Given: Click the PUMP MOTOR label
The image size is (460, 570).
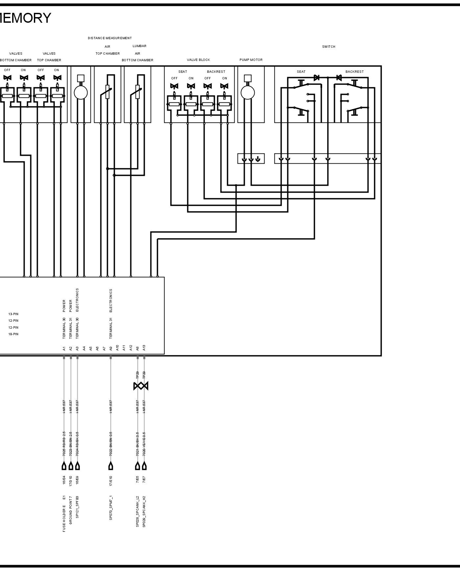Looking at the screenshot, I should tap(251, 60).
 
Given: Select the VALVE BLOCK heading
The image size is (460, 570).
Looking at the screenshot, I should tap(198, 60).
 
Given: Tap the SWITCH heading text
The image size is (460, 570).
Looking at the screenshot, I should tap(328, 47).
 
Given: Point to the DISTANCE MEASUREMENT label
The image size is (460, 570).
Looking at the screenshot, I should tap(110, 38).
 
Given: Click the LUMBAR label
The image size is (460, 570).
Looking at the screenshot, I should tap(140, 46).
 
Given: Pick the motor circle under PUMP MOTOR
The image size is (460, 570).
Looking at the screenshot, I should tap(248, 93).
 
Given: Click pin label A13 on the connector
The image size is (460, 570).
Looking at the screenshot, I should tap(144, 348).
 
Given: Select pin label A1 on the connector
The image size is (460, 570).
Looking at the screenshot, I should tap(64, 348).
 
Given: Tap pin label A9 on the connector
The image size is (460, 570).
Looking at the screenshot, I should tap(111, 348).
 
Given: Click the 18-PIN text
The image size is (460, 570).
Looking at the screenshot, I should tap(13, 334).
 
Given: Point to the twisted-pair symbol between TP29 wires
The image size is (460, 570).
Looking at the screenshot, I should tap(141, 386).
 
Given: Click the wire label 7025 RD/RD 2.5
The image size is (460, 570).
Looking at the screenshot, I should tap(64, 444).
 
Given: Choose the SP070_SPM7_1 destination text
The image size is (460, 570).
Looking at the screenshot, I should tap(111, 508).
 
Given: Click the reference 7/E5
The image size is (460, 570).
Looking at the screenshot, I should tap(138, 479).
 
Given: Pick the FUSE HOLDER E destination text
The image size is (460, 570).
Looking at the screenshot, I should tap(64, 518).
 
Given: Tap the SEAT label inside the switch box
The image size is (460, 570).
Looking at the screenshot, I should tap(301, 72).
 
